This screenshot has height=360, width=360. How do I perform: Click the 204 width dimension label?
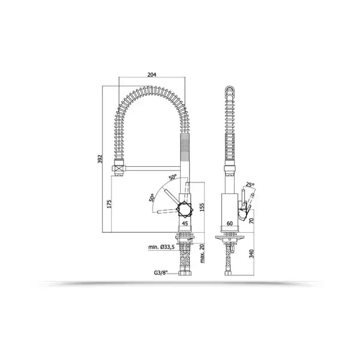pyautogui.click(x=152, y=74)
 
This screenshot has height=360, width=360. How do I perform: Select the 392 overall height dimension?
pyautogui.click(x=100, y=159)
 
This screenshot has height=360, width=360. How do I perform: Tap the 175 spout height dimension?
pyautogui.click(x=109, y=204)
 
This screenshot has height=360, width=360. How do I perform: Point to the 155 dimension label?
pyautogui.click(x=202, y=207)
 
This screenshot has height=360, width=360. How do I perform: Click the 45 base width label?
pyautogui.click(x=185, y=223)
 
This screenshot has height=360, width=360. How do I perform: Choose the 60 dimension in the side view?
pyautogui.click(x=230, y=223)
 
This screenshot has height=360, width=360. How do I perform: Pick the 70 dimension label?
pyautogui.click(x=251, y=221)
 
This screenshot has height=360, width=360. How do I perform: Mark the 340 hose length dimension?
pyautogui.click(x=251, y=254)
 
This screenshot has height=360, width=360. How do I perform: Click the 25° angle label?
pyautogui.click(x=250, y=184)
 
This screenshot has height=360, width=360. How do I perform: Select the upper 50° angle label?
pyautogui.click(x=173, y=177)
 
